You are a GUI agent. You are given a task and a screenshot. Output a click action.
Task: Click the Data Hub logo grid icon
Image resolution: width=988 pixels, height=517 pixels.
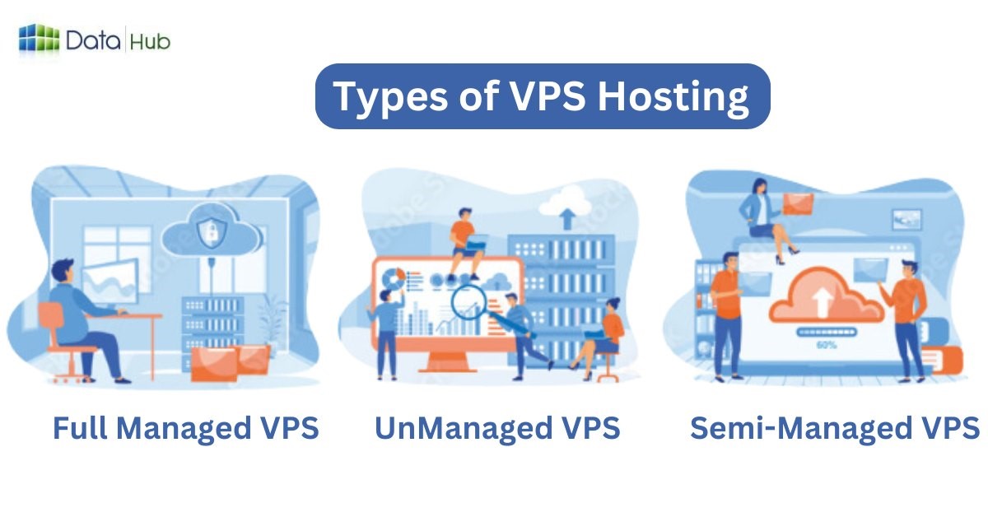pos(39,39)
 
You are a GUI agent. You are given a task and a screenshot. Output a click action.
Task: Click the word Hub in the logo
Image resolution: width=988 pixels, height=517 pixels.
pos(150,40)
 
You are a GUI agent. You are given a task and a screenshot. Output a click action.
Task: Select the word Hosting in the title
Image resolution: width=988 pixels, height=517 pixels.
pos(673,96)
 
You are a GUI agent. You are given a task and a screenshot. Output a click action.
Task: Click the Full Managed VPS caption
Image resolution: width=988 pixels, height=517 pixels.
pos(185,429)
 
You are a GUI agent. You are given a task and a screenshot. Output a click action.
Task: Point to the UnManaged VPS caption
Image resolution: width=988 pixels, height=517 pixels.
pos(497,429)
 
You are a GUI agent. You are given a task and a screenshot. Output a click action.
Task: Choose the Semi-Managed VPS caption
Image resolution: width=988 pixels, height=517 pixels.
pos(834,429)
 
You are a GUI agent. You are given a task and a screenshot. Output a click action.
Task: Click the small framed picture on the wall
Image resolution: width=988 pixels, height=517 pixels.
pos(907,218)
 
